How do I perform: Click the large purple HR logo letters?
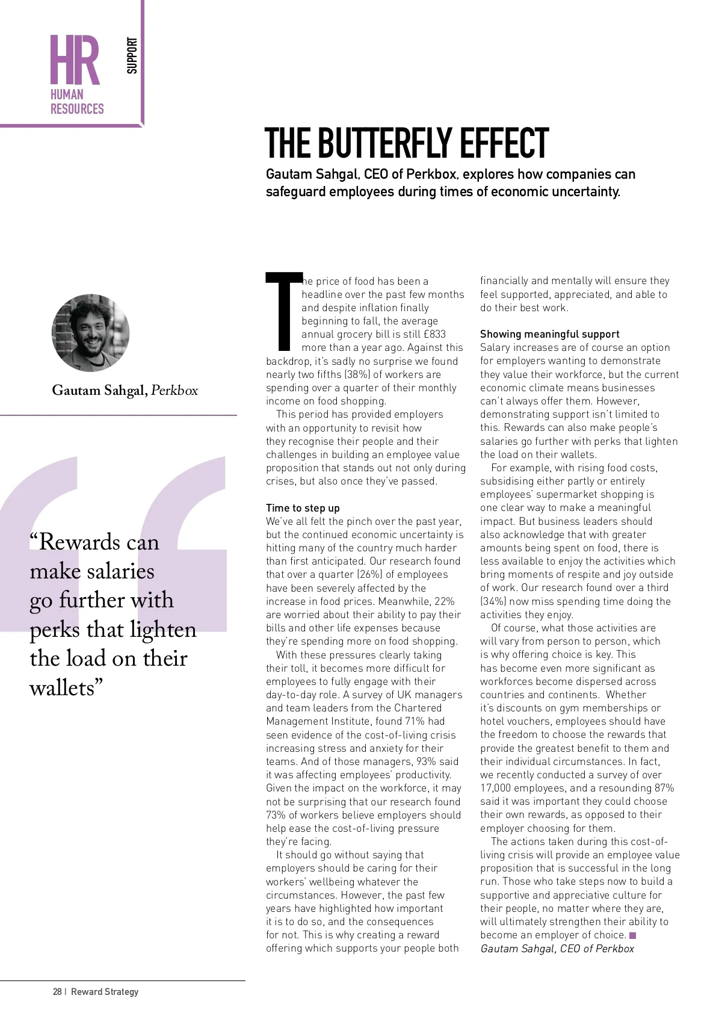click(75, 60)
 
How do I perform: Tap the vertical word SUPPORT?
click(132, 55)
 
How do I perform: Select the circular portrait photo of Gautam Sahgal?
click(90, 333)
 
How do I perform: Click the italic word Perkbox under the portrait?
click(174, 391)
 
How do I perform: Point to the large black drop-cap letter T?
click(283, 311)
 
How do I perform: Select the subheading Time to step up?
click(303, 508)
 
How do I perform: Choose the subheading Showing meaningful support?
click(549, 334)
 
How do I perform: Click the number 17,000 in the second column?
click(496, 788)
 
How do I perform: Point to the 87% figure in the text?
click(664, 788)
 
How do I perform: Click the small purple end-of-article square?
click(632, 935)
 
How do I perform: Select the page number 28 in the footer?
click(57, 991)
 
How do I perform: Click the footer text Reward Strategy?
click(105, 991)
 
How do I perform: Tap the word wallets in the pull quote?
click(62, 687)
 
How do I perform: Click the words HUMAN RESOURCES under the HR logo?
click(77, 102)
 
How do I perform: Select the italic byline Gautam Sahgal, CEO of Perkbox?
click(557, 949)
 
